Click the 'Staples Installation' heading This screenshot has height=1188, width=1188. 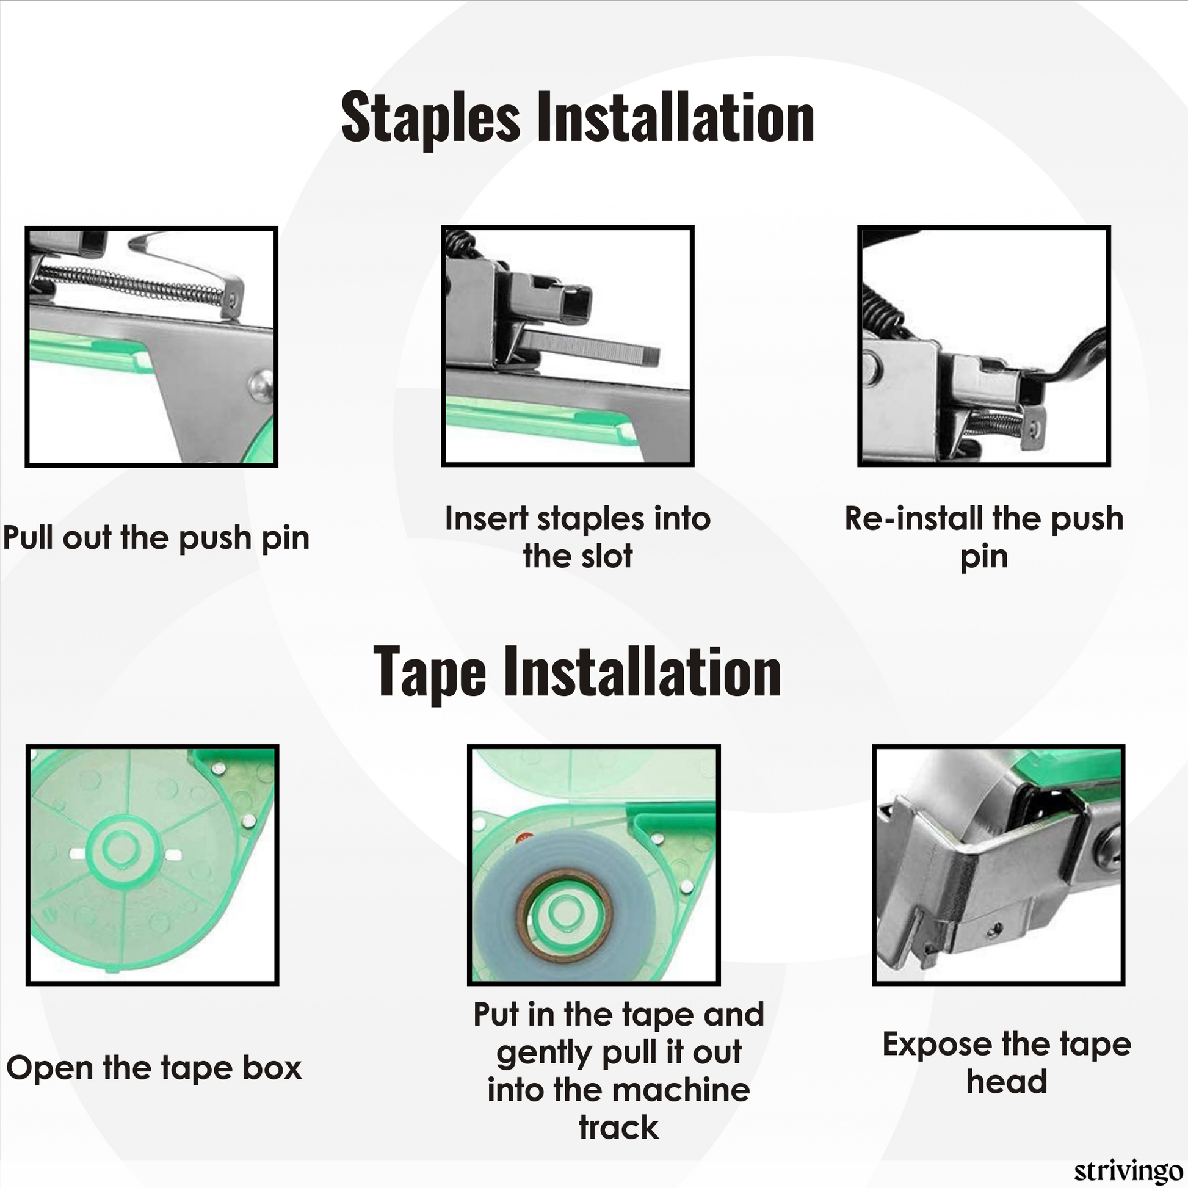pyautogui.click(x=578, y=117)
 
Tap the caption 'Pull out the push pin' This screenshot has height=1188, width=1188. pyautogui.click(x=156, y=538)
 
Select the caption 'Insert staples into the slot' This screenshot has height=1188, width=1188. pyautogui.click(x=578, y=537)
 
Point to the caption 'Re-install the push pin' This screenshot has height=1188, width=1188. pyautogui.click(x=984, y=537)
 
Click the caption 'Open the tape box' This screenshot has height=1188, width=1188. pyautogui.click(x=154, y=1068)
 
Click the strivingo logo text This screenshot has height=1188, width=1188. pyautogui.click(x=1128, y=1172)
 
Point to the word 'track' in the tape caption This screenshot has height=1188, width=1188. pyautogui.click(x=618, y=1127)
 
